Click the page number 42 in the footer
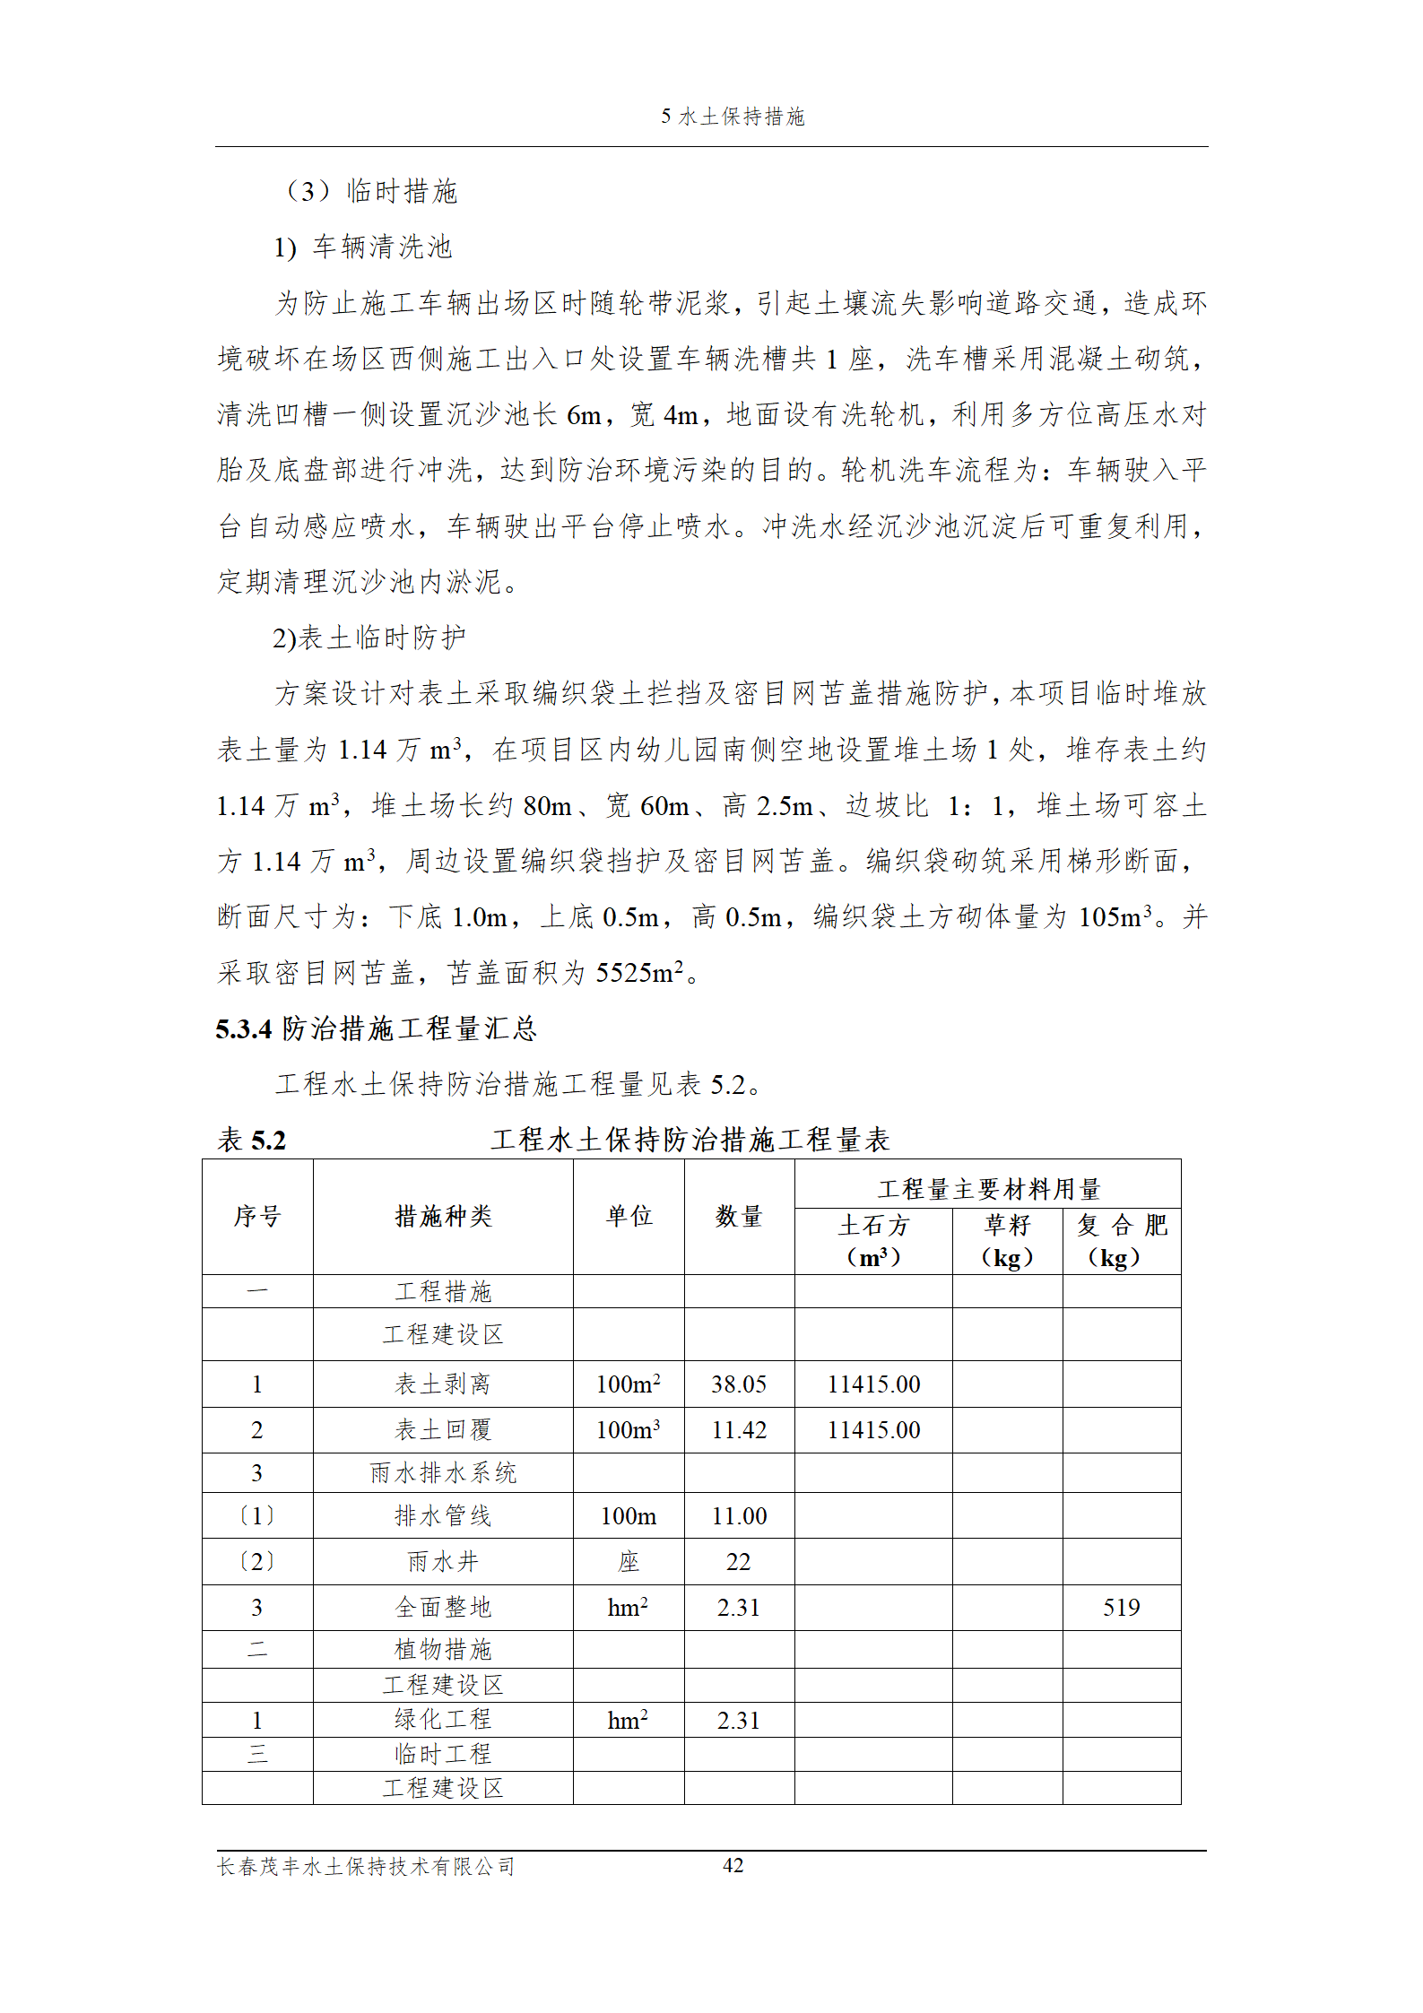733,1865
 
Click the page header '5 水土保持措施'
733,117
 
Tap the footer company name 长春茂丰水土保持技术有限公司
366,1867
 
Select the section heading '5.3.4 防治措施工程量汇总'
376,1028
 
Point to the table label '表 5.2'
252,1141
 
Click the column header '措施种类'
443,1216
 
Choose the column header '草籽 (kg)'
1007,1241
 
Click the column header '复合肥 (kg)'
1121,1241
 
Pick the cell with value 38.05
739,1384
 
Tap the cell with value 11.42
739,1430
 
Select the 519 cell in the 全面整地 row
1121,1608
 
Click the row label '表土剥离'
443,1384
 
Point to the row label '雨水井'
443,1562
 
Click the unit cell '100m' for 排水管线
629,1516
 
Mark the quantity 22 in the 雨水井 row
739,1562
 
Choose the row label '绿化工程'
443,1720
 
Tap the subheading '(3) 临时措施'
370,191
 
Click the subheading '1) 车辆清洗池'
363,247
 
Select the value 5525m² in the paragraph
639,973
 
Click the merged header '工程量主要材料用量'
987,1189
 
